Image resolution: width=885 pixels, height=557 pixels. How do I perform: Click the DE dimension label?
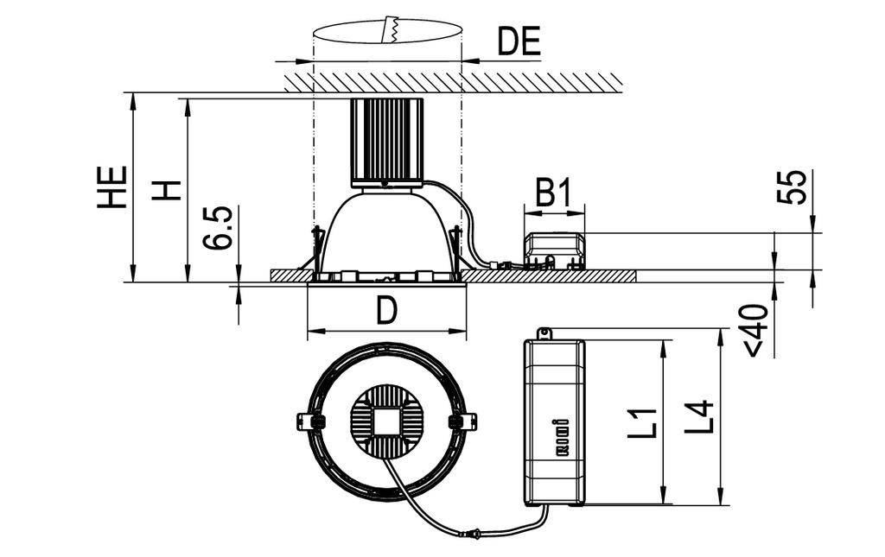519,41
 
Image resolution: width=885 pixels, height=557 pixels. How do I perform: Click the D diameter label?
386,311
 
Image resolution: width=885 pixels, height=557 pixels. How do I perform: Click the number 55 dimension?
796,187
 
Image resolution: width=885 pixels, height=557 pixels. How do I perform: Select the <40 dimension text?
754,329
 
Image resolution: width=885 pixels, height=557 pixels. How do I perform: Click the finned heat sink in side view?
385,140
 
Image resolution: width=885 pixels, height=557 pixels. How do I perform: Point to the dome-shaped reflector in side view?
386,229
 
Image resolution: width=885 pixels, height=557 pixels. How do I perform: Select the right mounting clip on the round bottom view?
462,421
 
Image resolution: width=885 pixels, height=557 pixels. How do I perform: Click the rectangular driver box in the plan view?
554,421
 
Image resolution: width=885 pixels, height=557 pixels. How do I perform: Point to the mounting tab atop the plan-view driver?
544,332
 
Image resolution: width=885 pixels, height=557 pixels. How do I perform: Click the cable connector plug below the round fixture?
473,535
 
